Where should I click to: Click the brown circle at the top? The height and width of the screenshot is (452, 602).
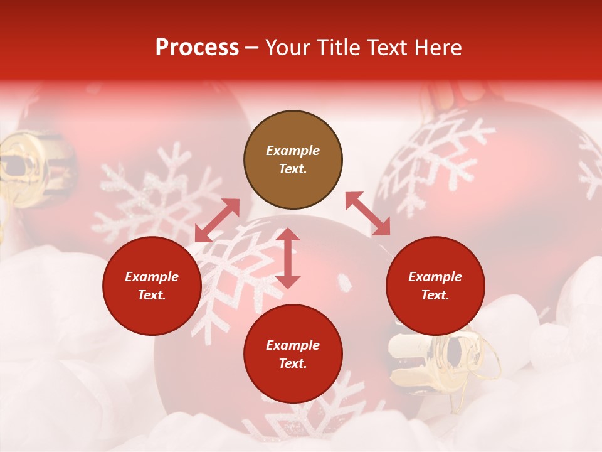click(293, 160)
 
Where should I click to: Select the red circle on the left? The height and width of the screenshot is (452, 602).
click(152, 286)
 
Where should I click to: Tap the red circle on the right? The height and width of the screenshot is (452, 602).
click(435, 286)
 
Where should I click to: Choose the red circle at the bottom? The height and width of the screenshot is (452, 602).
click(293, 354)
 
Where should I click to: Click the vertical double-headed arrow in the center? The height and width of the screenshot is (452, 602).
click(288, 258)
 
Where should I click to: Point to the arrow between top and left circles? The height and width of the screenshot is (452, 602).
click(217, 220)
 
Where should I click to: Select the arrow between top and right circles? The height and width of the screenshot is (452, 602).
click(367, 214)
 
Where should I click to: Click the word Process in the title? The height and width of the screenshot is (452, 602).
click(197, 48)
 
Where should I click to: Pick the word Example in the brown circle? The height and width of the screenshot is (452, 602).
click(293, 151)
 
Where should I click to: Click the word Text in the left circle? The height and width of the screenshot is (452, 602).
click(151, 295)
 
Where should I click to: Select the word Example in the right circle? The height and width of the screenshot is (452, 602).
click(435, 277)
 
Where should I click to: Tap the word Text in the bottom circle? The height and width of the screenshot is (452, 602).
click(292, 363)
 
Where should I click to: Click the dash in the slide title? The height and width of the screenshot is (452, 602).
click(251, 48)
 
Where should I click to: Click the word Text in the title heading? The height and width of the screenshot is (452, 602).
click(386, 48)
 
